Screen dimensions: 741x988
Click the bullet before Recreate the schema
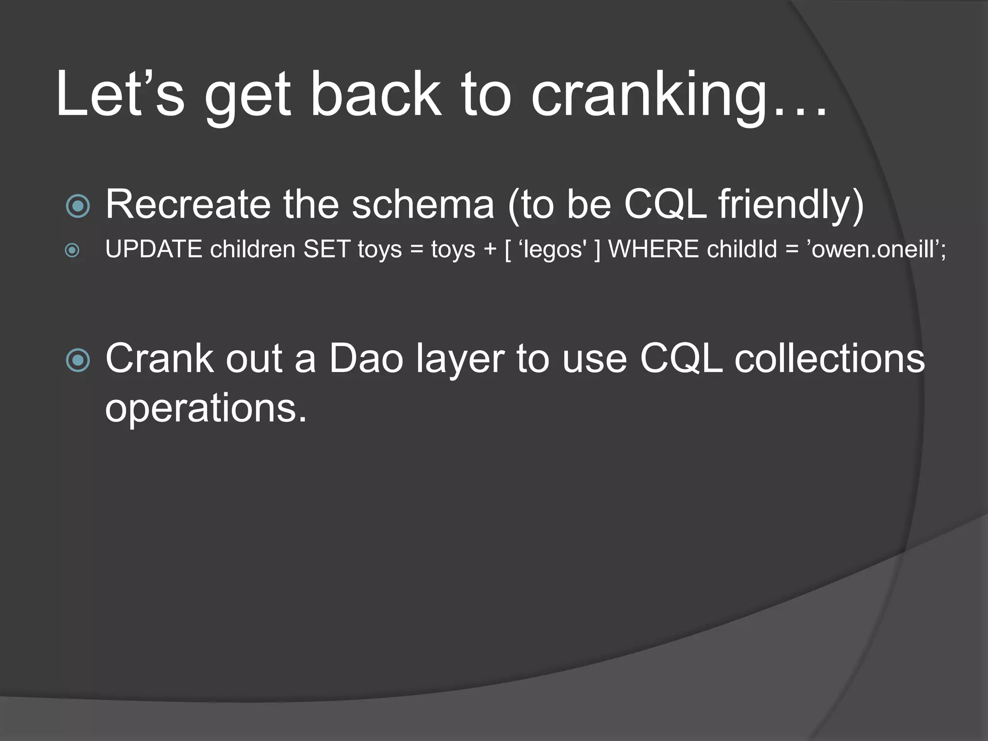click(x=78, y=206)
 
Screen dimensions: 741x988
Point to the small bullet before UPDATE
click(x=72, y=250)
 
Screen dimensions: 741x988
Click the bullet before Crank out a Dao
click(x=78, y=360)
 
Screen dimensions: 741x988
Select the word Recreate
click(x=188, y=205)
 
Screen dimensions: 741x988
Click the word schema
click(x=423, y=205)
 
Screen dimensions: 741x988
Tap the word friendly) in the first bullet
click(x=791, y=205)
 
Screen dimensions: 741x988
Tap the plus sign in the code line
click(x=490, y=250)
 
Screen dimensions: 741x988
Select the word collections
click(x=829, y=359)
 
